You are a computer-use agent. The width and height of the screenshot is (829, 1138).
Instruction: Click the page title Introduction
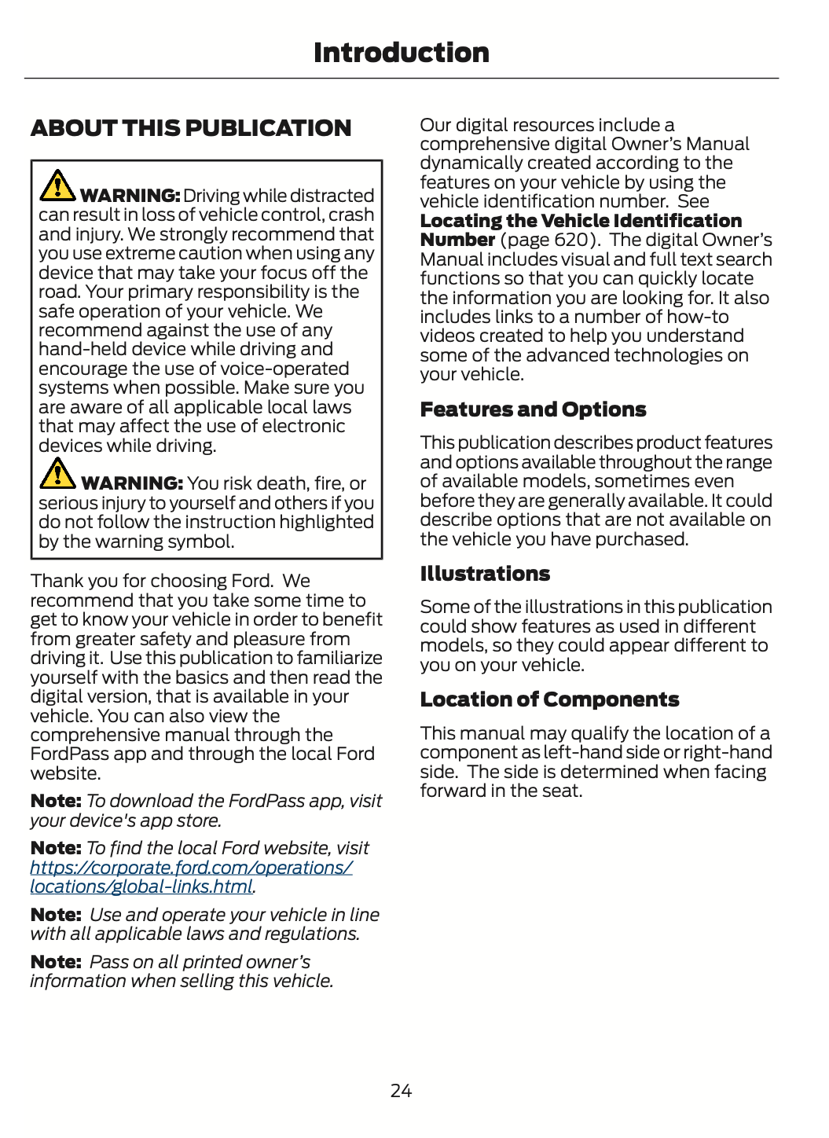pyautogui.click(x=401, y=53)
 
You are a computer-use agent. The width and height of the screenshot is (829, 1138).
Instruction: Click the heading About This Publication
pyautogui.click(x=191, y=128)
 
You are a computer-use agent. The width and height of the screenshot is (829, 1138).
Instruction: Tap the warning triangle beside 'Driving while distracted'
pyautogui.click(x=57, y=185)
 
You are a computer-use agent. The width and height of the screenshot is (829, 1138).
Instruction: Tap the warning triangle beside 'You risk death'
pyautogui.click(x=57, y=473)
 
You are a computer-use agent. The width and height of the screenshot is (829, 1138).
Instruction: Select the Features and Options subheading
pyautogui.click(x=533, y=409)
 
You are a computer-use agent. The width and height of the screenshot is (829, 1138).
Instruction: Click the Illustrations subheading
pyautogui.click(x=485, y=574)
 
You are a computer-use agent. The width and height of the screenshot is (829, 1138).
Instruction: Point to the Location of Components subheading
pyautogui.click(x=549, y=699)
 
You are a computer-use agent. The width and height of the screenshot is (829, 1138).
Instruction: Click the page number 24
pyautogui.click(x=401, y=1090)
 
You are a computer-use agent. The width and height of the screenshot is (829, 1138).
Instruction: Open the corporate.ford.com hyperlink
pyautogui.click(x=191, y=868)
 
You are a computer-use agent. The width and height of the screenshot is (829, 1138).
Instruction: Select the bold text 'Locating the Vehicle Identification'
pyautogui.click(x=581, y=221)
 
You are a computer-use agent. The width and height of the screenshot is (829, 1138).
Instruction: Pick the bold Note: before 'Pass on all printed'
pyautogui.click(x=56, y=962)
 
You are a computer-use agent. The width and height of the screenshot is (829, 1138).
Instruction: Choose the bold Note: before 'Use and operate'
pyautogui.click(x=56, y=915)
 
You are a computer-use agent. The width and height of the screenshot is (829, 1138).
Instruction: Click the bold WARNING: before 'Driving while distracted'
pyautogui.click(x=130, y=196)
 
